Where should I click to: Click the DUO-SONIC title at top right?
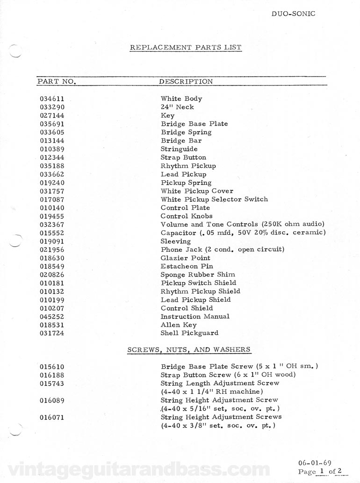293,14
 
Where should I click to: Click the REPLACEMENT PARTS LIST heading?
186,47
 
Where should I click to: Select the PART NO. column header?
57,81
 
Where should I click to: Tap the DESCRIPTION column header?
186,81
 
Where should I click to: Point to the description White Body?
181,99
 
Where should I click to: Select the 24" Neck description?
177,107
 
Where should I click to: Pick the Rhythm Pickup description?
188,166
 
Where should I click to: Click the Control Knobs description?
187,216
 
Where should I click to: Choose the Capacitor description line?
243,233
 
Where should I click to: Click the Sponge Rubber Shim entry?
198,275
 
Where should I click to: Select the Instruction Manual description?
195,316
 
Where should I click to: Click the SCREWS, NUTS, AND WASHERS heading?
189,349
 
